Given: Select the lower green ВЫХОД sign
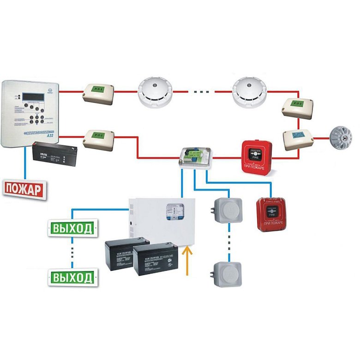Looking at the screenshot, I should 73,277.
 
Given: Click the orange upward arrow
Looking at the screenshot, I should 187,261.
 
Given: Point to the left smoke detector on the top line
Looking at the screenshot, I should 156,92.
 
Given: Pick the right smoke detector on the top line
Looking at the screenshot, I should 250,91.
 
